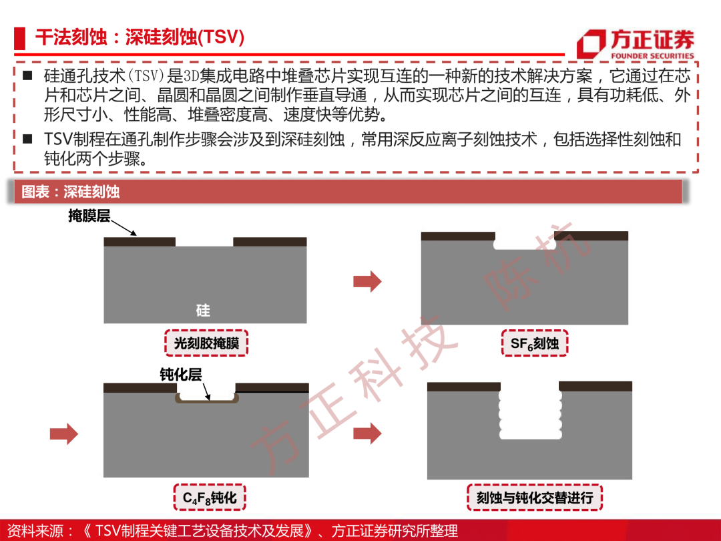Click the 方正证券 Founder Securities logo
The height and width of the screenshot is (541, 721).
(x=636, y=43)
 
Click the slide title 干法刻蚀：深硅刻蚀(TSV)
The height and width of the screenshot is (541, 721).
(x=140, y=37)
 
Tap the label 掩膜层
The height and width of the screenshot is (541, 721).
(x=89, y=215)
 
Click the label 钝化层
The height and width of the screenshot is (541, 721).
(x=181, y=375)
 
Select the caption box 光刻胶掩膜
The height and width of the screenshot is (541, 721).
(x=206, y=343)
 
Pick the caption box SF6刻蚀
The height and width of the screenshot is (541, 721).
(x=535, y=343)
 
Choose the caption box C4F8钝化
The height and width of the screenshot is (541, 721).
(x=210, y=498)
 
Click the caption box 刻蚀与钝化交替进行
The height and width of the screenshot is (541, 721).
(x=535, y=498)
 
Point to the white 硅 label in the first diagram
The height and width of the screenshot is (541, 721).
(x=203, y=311)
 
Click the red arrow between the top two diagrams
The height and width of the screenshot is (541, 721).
(x=367, y=282)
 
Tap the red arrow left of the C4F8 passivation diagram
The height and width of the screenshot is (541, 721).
(x=64, y=434)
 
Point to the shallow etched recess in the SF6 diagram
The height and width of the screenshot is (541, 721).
(x=525, y=244)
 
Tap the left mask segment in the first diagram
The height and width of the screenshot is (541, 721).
(x=140, y=242)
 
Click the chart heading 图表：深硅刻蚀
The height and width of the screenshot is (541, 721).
(x=70, y=192)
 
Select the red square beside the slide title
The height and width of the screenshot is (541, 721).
(x=19, y=38)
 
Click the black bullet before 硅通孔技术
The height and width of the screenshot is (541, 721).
(x=27, y=75)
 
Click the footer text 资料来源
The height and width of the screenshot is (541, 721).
(x=35, y=531)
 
